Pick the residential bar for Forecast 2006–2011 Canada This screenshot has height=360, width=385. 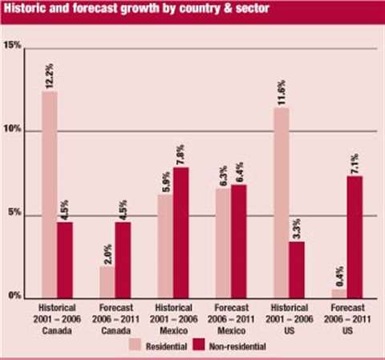[x=107, y=281]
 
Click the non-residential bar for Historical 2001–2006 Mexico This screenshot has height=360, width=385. [x=180, y=232]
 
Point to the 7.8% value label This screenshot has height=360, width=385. [x=181, y=151]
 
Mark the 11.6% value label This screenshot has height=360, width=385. [x=282, y=91]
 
